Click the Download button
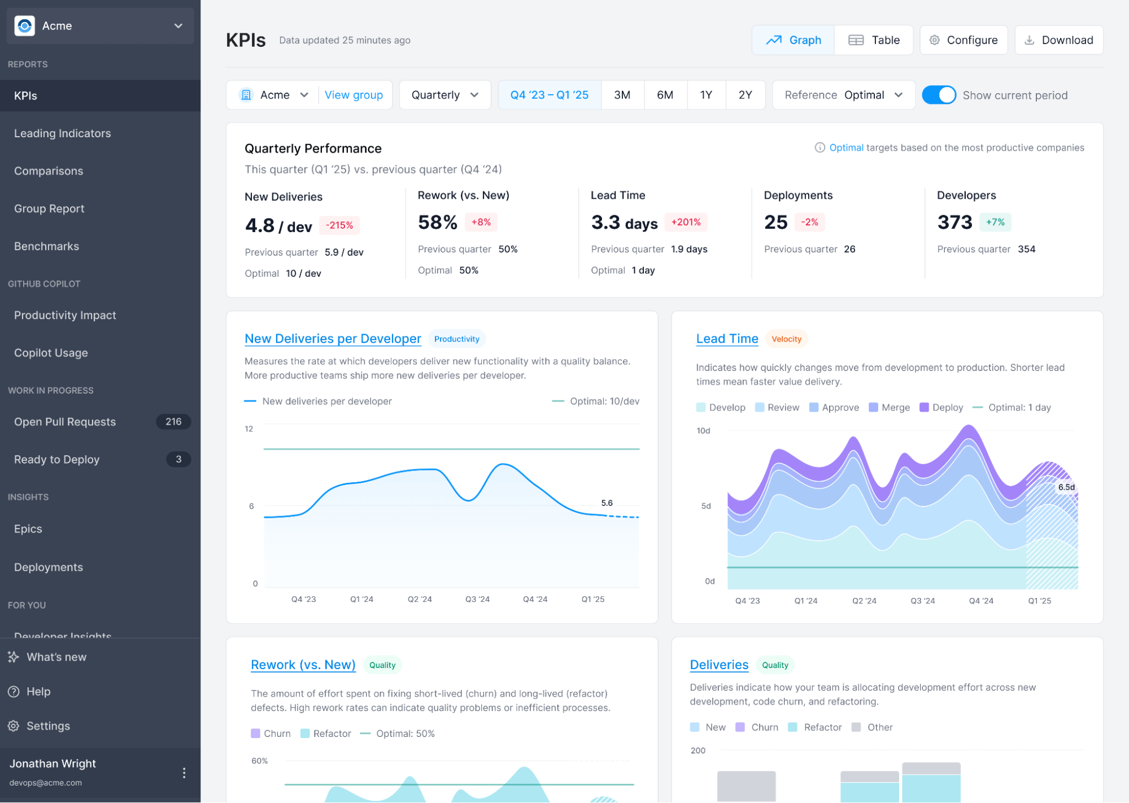(x=1058, y=40)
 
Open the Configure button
(x=964, y=40)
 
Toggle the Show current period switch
(x=938, y=95)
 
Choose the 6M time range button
(x=665, y=95)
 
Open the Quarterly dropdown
(x=444, y=95)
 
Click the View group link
(x=354, y=95)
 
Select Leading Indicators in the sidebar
(x=63, y=133)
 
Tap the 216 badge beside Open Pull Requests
(x=173, y=422)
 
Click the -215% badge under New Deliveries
(x=339, y=225)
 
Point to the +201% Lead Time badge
(x=686, y=222)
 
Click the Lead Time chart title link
(x=727, y=339)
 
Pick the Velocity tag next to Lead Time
(x=786, y=339)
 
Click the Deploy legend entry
(x=941, y=408)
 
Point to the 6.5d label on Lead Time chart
(x=1066, y=487)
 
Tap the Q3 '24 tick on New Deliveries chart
(x=477, y=599)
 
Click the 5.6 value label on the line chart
(x=607, y=503)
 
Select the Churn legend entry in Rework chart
(x=271, y=734)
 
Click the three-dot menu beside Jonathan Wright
(x=184, y=773)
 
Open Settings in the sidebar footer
(x=48, y=726)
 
